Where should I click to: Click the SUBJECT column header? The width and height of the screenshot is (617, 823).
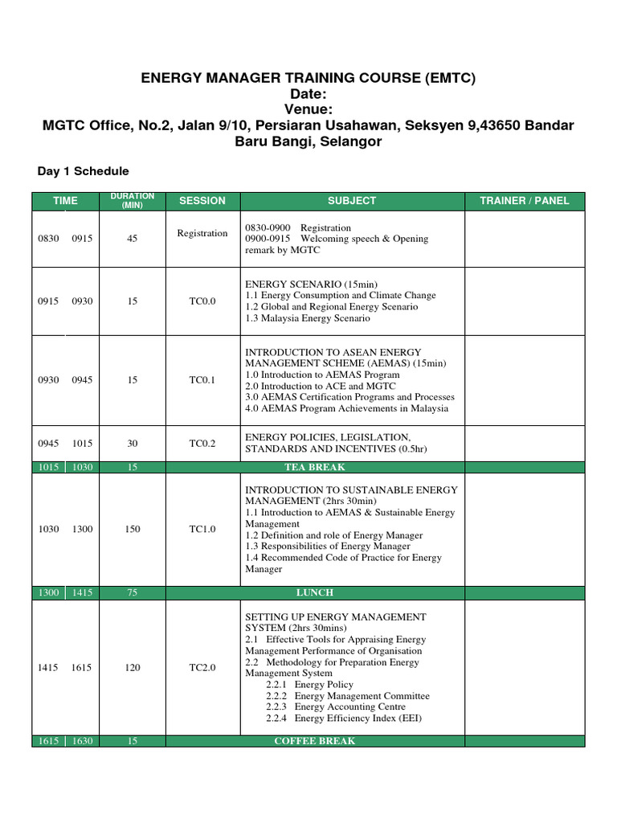coord(352,201)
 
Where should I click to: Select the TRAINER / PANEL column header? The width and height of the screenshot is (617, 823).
coord(524,201)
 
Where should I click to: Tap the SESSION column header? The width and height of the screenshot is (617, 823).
coord(202,201)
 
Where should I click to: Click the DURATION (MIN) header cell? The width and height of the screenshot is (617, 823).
coord(132,200)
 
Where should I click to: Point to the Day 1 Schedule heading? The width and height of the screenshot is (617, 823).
coord(84,171)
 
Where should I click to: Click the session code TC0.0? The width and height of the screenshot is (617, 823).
coord(202,301)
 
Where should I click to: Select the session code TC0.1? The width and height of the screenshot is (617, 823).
coord(202,380)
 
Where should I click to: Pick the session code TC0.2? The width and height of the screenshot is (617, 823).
coord(202,443)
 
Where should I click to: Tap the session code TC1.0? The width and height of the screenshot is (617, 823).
coord(202,529)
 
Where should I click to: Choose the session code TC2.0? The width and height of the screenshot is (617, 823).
coord(202,668)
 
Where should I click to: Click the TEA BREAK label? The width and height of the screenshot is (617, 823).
coord(314,467)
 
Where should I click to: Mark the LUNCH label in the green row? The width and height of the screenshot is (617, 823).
coord(314,592)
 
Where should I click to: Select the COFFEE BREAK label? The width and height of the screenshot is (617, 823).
coord(314,741)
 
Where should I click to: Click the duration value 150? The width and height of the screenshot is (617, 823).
coord(132,529)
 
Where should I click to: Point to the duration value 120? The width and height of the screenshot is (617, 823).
coord(132,668)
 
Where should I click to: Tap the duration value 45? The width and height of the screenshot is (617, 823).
coord(132,239)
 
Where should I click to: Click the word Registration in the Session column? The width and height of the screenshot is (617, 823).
coord(202,233)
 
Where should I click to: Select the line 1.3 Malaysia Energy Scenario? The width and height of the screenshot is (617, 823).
coord(308,318)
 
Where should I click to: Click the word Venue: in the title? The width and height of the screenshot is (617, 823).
coord(308,109)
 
